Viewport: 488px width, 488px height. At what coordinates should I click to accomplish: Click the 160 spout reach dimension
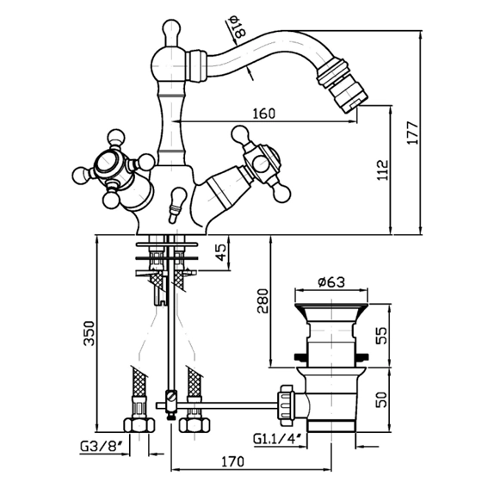pyautogui.click(x=263, y=114)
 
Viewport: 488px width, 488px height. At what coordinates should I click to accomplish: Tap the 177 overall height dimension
pyautogui.click(x=413, y=133)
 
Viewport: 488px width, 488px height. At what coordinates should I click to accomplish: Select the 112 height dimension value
pyautogui.click(x=383, y=170)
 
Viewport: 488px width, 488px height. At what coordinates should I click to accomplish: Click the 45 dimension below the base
pyautogui.click(x=220, y=252)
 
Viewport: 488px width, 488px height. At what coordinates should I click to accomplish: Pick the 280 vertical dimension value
pyautogui.click(x=262, y=301)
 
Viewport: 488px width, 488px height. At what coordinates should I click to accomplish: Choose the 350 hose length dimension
pyautogui.click(x=89, y=333)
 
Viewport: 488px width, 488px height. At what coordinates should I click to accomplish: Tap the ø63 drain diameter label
pyautogui.click(x=331, y=282)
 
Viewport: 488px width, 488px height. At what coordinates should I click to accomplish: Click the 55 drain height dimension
pyautogui.click(x=381, y=335)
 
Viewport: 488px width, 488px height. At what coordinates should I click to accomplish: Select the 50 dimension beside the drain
pyautogui.click(x=381, y=399)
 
